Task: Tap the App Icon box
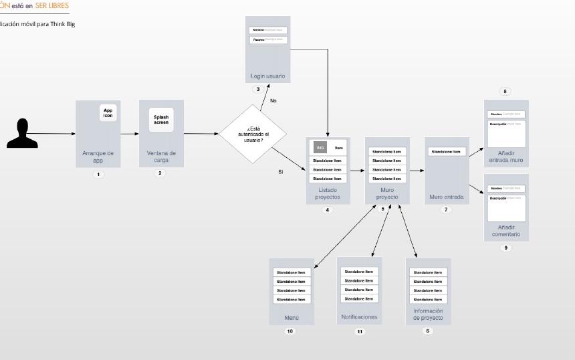point(108,113)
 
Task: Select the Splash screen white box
point(161,120)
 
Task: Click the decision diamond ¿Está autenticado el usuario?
point(253,134)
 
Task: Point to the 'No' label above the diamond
point(273,100)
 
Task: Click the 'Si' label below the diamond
point(281,172)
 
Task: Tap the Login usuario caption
point(267,76)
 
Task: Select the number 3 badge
point(257,89)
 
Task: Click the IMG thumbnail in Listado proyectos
point(320,147)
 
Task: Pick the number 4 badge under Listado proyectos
point(328,210)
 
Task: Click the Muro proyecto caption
point(386,194)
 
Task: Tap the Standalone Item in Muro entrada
point(446,152)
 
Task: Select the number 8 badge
point(505,92)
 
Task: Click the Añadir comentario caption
point(506,231)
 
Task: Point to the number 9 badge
point(505,248)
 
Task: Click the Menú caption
point(292,318)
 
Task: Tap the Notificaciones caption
point(359,317)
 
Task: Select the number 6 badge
point(428,331)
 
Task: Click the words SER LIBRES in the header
point(52,5)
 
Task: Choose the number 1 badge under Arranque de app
point(98,175)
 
